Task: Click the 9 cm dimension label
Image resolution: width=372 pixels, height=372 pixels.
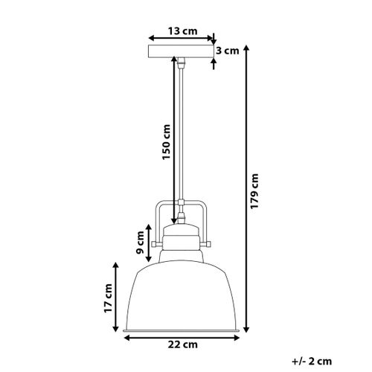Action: click(x=140, y=240)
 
